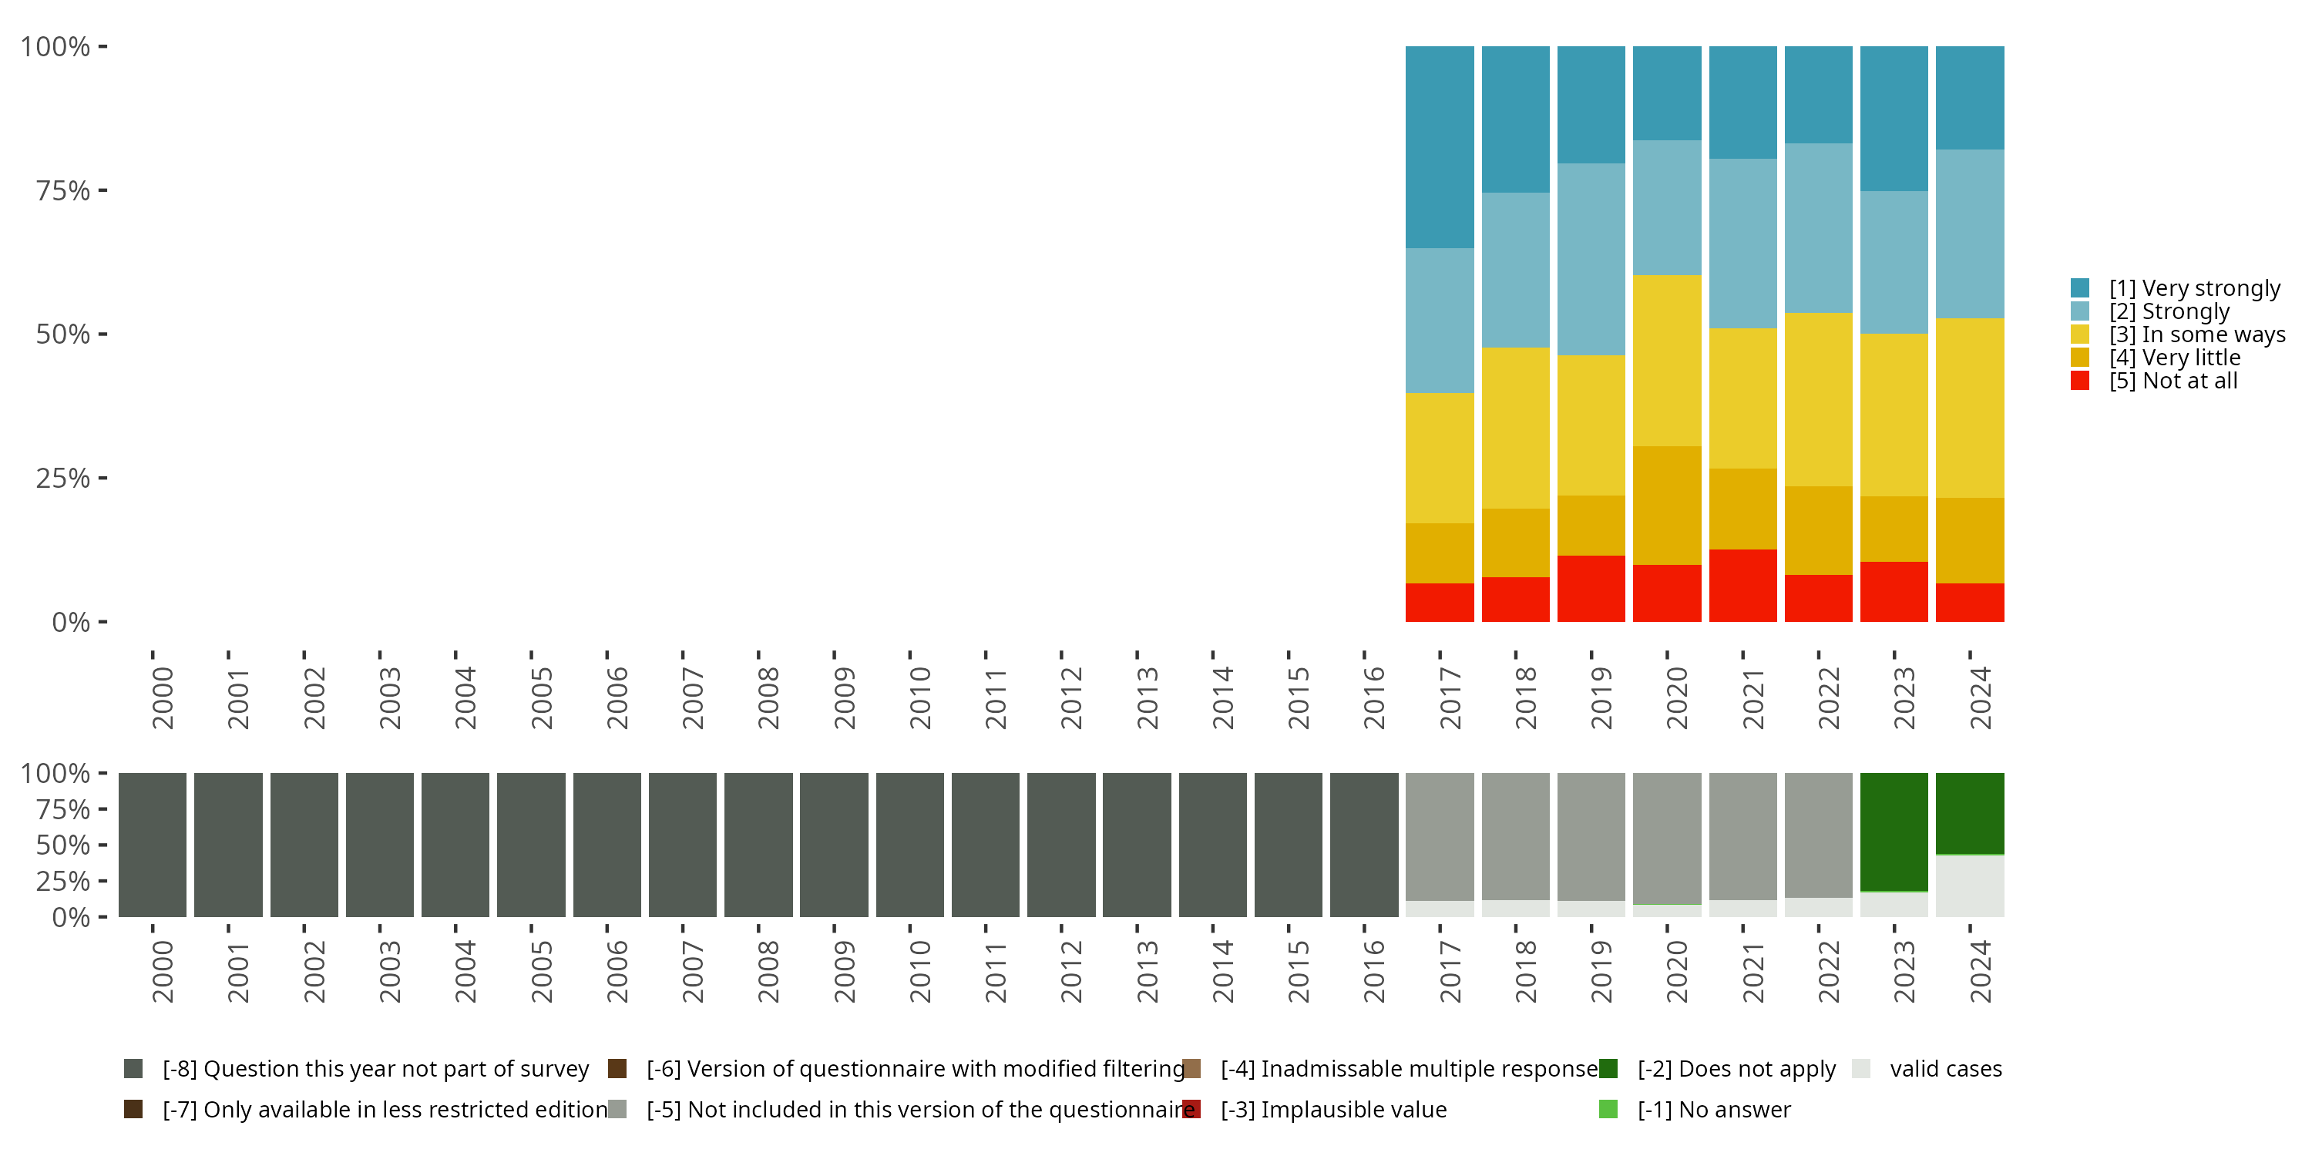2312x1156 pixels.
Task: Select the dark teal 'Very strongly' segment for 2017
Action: pos(1440,147)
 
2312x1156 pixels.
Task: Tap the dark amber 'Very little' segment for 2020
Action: pos(1667,506)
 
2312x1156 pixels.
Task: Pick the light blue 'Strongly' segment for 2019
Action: pos(1591,260)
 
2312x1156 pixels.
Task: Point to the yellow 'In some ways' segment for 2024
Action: pos(1970,408)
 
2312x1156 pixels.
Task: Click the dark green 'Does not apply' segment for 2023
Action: pos(1894,832)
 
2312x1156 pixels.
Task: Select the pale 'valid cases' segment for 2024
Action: pos(1970,885)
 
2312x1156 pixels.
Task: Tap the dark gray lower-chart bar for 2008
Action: pos(758,845)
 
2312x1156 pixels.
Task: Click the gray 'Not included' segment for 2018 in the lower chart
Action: pos(1515,836)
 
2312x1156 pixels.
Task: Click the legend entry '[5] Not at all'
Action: pos(2154,381)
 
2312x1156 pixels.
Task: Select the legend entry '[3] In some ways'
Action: pos(2178,334)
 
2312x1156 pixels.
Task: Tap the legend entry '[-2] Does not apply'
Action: pos(1718,1069)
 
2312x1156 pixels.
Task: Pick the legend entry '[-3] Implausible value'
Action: pos(1315,1109)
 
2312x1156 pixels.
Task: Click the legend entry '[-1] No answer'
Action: pos(1695,1109)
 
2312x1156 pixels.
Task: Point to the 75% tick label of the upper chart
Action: pos(63,190)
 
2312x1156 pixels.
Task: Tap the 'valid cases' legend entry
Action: pos(1927,1069)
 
